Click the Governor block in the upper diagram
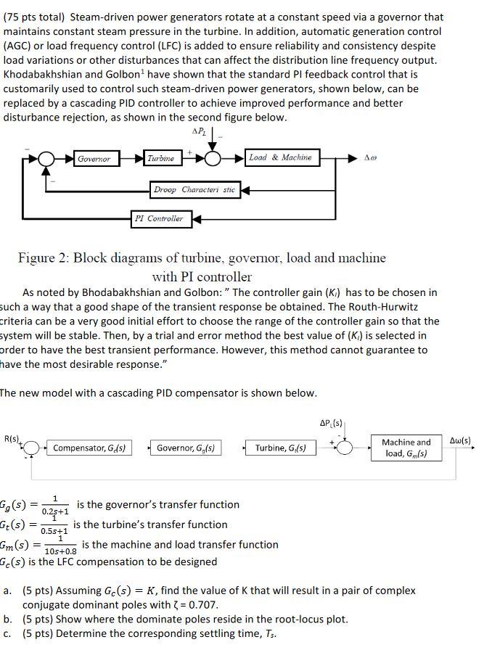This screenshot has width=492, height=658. point(94,158)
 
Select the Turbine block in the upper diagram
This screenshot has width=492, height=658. point(161,158)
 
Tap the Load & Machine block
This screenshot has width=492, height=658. point(280,157)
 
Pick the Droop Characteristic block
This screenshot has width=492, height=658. point(194,189)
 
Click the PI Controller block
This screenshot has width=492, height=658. point(159,218)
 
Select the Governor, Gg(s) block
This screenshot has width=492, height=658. point(189,448)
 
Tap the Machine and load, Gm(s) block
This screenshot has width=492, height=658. point(406,448)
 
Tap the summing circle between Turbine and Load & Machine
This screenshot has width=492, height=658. point(214,158)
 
